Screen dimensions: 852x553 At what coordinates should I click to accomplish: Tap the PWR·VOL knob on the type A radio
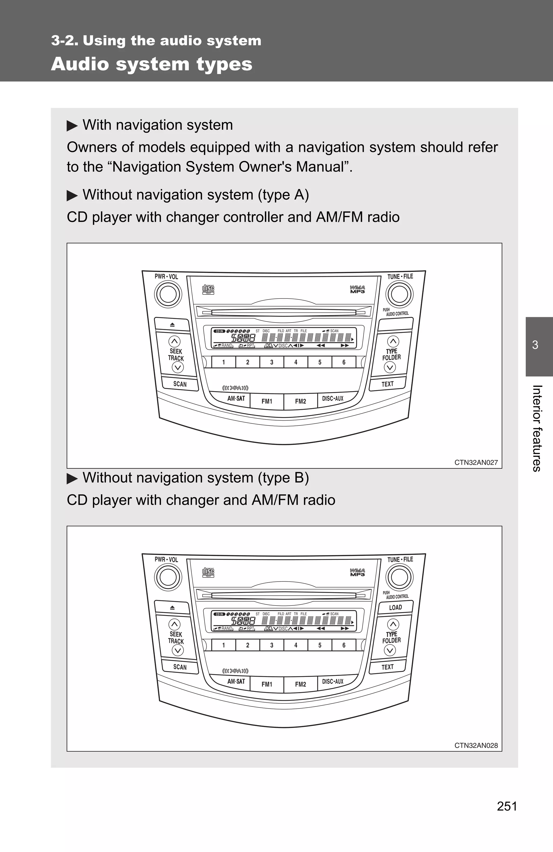click(x=168, y=294)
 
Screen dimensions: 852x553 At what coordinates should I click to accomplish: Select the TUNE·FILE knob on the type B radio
click(x=399, y=577)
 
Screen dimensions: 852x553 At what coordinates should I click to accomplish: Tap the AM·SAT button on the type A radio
click(x=236, y=398)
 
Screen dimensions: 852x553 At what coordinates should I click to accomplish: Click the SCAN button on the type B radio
click(x=180, y=667)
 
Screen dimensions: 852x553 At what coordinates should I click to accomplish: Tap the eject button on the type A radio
click(x=172, y=325)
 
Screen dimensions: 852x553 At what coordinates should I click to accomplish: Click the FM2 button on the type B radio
click(x=300, y=684)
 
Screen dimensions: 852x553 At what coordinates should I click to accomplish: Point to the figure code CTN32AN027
click(x=476, y=462)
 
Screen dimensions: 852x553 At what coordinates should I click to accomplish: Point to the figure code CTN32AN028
click(x=476, y=745)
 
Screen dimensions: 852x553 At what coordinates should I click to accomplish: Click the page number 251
click(x=507, y=806)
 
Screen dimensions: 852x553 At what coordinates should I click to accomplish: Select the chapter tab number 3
click(x=535, y=345)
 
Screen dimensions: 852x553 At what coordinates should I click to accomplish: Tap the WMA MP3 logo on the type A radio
click(x=357, y=289)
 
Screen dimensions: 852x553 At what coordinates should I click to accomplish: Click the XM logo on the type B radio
click(x=235, y=670)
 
